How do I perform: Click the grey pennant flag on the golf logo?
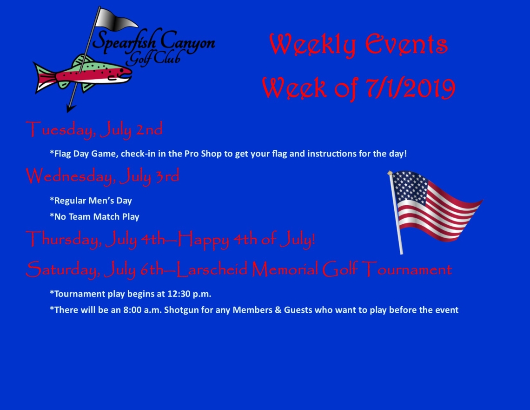(115, 20)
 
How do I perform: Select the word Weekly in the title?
(312, 45)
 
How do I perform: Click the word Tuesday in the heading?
(60, 130)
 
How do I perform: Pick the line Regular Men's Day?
(91, 201)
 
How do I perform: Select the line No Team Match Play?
(94, 216)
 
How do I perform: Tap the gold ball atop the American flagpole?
(390, 173)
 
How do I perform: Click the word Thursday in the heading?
(64, 240)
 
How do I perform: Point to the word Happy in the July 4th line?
(204, 240)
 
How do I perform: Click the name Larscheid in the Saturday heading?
(212, 269)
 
